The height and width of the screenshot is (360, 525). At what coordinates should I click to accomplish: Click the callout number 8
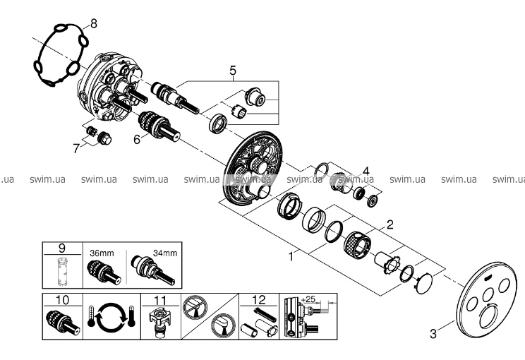[94, 23]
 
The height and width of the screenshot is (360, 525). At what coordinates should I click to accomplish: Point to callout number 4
[366, 169]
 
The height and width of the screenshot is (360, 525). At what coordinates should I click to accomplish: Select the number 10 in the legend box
[61, 299]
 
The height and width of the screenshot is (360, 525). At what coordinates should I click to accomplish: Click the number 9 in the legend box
[61, 248]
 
